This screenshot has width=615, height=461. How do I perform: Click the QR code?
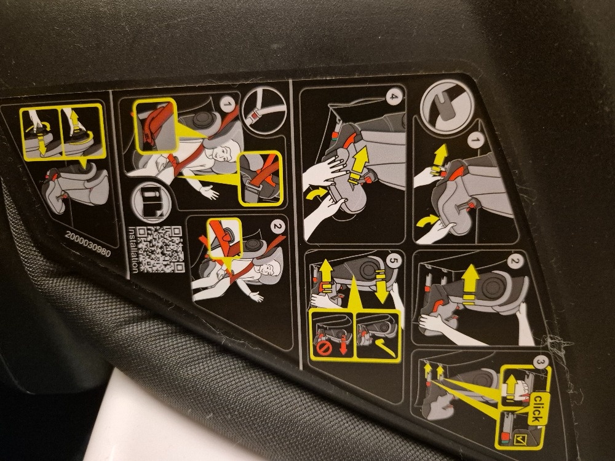click(x=161, y=249)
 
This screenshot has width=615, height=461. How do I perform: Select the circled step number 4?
click(x=393, y=96)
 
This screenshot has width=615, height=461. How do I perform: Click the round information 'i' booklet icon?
click(x=151, y=201)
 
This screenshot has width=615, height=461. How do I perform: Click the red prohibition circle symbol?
click(x=324, y=348)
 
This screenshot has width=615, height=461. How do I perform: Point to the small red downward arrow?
click(x=344, y=345)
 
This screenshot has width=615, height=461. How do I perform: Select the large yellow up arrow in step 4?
click(x=359, y=165)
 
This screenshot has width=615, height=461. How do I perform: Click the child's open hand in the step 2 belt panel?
click(x=256, y=296)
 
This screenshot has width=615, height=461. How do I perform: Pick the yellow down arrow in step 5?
click(x=381, y=286)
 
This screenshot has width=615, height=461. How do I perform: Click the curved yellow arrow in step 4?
click(x=315, y=193)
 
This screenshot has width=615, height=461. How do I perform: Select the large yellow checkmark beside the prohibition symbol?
click(x=385, y=347)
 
